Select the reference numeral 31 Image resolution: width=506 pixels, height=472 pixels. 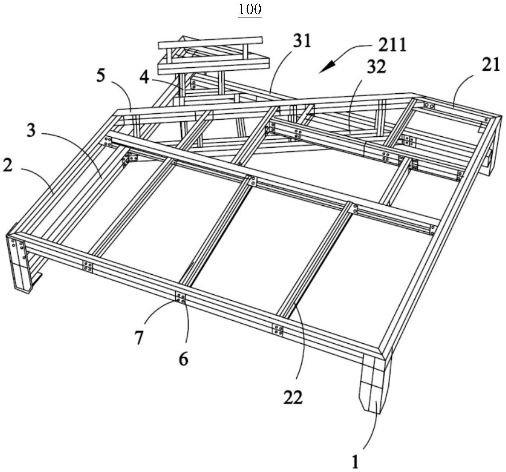pos(303,41)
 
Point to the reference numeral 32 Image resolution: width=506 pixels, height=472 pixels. pos(376,66)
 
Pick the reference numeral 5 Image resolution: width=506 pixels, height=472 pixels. pos(101,76)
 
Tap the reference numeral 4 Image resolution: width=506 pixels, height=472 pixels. pos(144,78)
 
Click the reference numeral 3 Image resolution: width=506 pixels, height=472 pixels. pos(31,131)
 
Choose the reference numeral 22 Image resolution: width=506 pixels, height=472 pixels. pos(293,397)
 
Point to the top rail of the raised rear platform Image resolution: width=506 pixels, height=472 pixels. pos(210,42)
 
